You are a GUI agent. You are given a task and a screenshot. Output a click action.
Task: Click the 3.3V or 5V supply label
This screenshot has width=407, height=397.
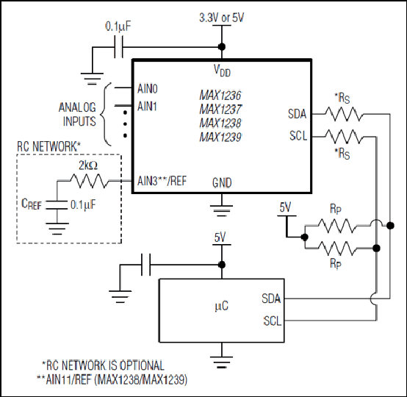coord(222,18)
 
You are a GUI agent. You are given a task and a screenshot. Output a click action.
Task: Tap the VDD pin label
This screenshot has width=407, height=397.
coord(222,71)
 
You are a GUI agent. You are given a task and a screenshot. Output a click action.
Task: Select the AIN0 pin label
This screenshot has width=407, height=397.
coord(148,89)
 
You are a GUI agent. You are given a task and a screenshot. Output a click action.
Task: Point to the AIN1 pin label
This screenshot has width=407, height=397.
coord(147,107)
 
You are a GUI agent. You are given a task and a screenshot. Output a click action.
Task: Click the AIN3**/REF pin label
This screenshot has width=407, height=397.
coord(162,181)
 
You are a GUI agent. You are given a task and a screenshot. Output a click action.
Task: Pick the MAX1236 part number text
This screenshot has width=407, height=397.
coord(220,96)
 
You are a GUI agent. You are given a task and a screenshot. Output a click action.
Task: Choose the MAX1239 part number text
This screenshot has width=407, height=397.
coord(220,137)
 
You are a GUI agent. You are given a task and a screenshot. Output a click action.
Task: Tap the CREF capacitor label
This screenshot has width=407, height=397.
coord(32,204)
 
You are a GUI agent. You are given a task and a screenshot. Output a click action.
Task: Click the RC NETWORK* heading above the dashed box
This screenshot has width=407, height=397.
coord(48,146)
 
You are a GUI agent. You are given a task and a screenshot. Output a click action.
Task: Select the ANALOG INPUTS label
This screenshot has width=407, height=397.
coord(77,114)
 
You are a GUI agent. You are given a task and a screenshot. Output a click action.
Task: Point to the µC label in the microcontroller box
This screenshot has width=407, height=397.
coord(222,306)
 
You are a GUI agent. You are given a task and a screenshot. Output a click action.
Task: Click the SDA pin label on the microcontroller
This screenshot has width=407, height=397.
coord(271,298)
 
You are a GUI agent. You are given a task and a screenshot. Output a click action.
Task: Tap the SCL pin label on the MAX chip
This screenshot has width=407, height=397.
coord(298,136)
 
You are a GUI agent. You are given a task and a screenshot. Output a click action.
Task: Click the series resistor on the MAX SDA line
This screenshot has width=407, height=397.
coord(344,114)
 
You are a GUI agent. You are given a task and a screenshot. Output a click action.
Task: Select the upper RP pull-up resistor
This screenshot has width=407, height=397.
coord(337,226)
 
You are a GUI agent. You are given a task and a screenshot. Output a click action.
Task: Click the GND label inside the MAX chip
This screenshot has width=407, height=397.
coord(222,183)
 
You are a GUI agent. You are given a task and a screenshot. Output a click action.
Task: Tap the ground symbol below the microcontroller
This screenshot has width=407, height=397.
coord(222,362)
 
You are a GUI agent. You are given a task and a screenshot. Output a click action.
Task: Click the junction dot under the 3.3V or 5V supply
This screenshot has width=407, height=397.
coord(222,47)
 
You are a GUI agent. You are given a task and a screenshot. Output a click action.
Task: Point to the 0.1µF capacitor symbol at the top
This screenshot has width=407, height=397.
coord(118,47)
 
